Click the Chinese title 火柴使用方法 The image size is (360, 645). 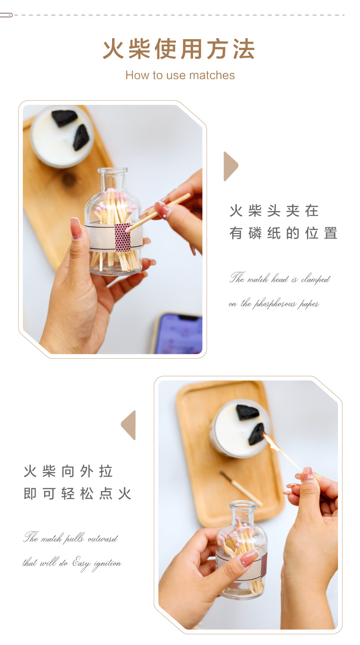tap(179, 49)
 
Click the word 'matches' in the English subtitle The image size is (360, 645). tap(212, 76)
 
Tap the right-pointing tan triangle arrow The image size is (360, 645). tap(231, 166)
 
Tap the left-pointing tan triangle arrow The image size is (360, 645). tap(128, 425)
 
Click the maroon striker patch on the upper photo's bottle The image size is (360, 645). tap(122, 237)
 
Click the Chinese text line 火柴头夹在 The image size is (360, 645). tap(274, 211)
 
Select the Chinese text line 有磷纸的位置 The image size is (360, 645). tap(283, 233)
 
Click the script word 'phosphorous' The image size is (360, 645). tap(274, 304)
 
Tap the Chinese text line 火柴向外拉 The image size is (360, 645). tap(68, 471)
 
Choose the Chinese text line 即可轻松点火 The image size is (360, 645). tap(77, 494)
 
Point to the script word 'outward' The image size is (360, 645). tap(102, 538)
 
